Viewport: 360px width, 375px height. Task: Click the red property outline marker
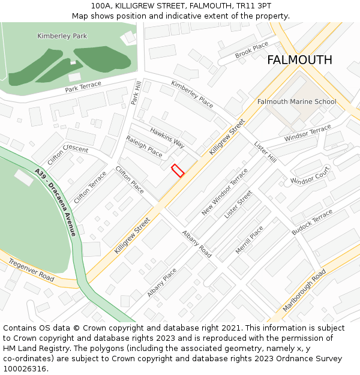tap(178, 170)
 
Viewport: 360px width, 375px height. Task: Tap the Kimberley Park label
tap(62, 36)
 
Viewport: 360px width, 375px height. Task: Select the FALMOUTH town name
tap(299, 60)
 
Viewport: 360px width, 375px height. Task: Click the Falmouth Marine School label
tap(296, 101)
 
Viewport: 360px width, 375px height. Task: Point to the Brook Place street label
tap(252, 50)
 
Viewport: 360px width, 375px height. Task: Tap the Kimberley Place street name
tap(192, 94)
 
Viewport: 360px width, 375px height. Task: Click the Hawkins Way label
tap(167, 137)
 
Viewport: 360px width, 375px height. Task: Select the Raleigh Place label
tap(144, 146)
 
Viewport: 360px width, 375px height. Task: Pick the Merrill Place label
tap(249, 239)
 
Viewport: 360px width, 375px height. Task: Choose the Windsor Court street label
tap(310, 176)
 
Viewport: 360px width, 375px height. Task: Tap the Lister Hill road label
tap(265, 152)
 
